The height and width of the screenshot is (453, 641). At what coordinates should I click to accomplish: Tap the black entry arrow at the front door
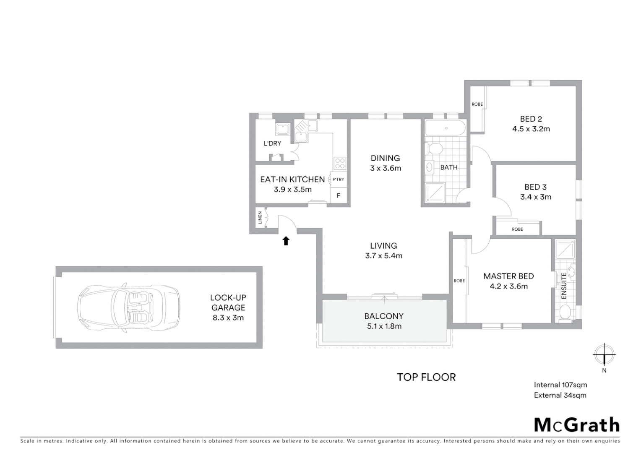(x=286, y=240)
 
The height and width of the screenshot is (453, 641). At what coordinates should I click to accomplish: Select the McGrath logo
(x=576, y=424)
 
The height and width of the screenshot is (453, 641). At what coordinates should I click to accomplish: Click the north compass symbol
(x=604, y=354)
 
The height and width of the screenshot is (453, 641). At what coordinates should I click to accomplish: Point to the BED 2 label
(x=531, y=119)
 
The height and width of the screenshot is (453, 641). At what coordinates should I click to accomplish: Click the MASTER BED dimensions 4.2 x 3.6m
(x=508, y=286)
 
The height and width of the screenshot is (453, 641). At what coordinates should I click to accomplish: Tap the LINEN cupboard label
(x=261, y=217)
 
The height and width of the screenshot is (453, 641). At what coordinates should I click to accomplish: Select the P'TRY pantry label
(x=338, y=180)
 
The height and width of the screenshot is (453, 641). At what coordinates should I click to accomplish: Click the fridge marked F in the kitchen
(x=338, y=195)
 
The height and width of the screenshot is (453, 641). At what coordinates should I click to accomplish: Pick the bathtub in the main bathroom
(x=445, y=128)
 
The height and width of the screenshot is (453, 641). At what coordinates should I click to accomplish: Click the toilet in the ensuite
(x=565, y=312)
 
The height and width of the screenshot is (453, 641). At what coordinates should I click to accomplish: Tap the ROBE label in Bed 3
(x=517, y=229)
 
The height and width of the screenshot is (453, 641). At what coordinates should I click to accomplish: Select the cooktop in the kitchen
(x=340, y=164)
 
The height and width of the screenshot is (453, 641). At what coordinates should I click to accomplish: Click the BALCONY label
(x=384, y=316)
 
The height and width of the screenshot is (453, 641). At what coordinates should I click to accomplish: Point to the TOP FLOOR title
(x=426, y=377)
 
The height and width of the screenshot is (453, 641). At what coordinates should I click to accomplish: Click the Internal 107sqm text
(x=560, y=385)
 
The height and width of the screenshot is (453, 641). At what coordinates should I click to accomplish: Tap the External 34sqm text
(x=560, y=395)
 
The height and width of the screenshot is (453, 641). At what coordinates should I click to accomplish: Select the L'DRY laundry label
(x=272, y=143)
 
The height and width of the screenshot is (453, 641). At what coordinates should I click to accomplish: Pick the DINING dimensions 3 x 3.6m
(x=385, y=169)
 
